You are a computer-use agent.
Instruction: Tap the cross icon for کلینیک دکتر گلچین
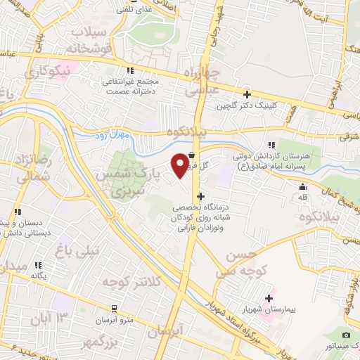(247, 94)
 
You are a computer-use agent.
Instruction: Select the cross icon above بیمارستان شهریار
(268, 298)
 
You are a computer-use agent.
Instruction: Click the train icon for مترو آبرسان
(114, 309)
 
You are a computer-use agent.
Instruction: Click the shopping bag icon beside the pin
(192, 148)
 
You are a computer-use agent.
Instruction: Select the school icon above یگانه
(38, 265)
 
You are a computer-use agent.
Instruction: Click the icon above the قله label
(302, 187)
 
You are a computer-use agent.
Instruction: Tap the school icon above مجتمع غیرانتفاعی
(129, 70)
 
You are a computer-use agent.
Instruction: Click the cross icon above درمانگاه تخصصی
(202, 196)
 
